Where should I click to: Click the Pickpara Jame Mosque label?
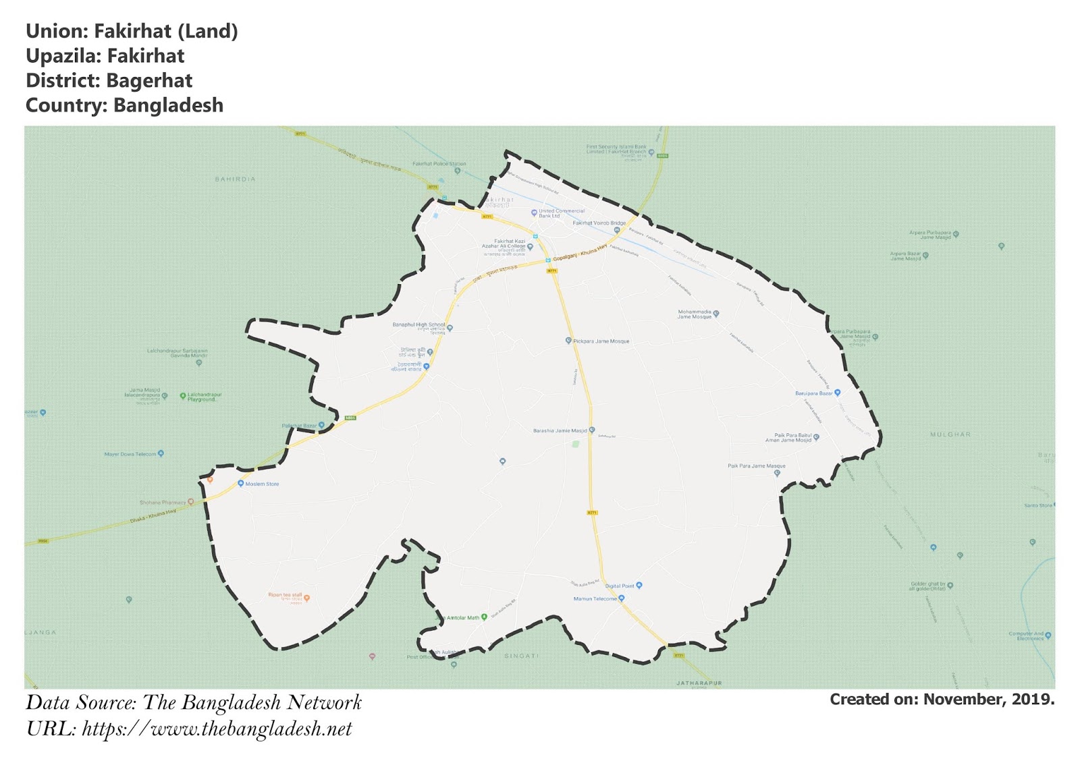coord(601,341)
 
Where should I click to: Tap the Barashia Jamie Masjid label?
coord(560,430)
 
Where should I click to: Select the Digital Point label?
coord(620,586)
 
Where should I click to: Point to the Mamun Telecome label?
coord(595,598)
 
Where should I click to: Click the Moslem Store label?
coord(262,484)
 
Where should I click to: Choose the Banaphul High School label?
coord(418,324)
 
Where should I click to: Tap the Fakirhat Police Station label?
coord(439,164)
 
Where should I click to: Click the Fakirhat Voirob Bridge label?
coord(599,223)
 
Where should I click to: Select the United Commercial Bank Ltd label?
coord(562,213)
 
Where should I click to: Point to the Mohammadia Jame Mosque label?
coord(695,314)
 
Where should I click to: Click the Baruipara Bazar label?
coord(814,393)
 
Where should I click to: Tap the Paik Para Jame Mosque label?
coord(756,466)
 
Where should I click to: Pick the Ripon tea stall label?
coord(285,595)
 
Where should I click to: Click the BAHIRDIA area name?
coord(235,179)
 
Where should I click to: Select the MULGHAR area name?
coord(950,434)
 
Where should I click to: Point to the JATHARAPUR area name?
coord(699,683)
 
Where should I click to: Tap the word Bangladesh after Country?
coord(168,106)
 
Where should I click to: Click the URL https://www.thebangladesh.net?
coord(217,729)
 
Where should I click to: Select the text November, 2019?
coord(988,700)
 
